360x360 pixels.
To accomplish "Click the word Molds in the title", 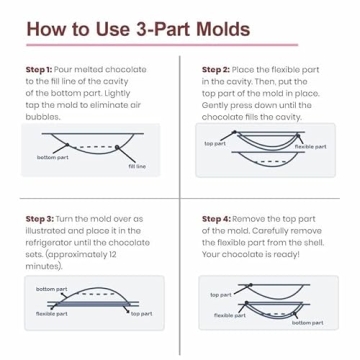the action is click(x=223, y=29).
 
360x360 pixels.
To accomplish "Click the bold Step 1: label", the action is click(x=39, y=70).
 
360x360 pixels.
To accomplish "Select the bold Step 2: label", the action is click(x=216, y=70).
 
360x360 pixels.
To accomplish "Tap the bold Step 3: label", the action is click(x=40, y=219).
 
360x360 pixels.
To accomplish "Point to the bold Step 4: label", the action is click(x=216, y=219).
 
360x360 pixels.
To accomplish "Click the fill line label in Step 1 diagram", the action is click(x=137, y=166).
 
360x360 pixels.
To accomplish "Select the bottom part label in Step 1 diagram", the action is click(x=53, y=157).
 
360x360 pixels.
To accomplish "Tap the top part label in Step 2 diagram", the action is click(x=215, y=144).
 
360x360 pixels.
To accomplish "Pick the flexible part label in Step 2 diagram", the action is click(x=311, y=147).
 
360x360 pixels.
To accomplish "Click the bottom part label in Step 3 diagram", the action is click(x=52, y=289).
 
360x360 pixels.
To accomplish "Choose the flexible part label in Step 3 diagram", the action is click(x=52, y=314).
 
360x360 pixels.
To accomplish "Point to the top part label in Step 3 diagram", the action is click(x=142, y=314).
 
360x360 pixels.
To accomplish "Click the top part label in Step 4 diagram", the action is click(x=221, y=295).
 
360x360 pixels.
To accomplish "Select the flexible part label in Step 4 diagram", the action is click(x=230, y=315).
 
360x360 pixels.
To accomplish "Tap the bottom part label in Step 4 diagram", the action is click(x=308, y=323).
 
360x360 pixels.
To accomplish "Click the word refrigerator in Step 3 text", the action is click(x=48, y=242).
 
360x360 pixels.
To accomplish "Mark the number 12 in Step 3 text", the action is click(x=112, y=254).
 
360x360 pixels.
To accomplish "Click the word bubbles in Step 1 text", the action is click(x=43, y=117).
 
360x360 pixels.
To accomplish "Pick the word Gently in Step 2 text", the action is click(x=213, y=105).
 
